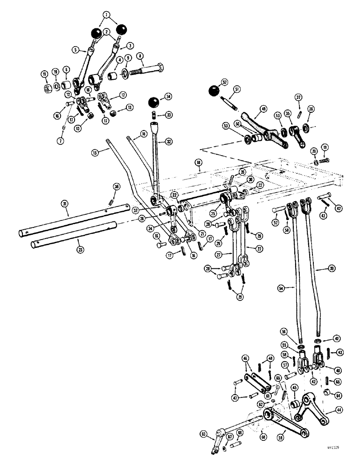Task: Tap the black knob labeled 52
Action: pyautogui.click(x=214, y=90)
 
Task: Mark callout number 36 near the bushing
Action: pyautogui.click(x=311, y=109)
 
